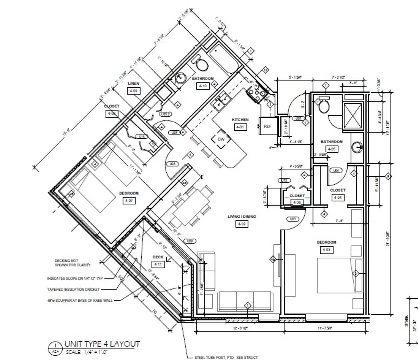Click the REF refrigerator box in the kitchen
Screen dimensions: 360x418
click(x=267, y=126)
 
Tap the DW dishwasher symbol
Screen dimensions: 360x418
click(x=221, y=139)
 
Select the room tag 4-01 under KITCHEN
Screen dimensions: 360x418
click(x=240, y=127)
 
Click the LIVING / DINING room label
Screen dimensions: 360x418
click(x=241, y=217)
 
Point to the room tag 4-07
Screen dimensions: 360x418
click(x=129, y=201)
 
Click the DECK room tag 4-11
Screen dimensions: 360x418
click(x=158, y=264)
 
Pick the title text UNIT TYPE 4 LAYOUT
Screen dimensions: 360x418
click(x=102, y=344)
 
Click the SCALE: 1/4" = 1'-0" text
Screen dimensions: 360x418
click(x=87, y=352)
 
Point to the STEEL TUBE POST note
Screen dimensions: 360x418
click(x=226, y=357)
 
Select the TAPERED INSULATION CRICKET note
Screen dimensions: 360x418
click(x=73, y=290)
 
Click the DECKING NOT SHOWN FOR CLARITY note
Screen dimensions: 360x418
click(x=73, y=263)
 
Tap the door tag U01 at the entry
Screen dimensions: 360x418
click(x=298, y=118)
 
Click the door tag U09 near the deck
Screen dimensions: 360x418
click(x=190, y=241)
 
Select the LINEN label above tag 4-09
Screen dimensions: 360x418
click(x=133, y=83)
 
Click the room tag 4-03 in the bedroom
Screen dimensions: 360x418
click(x=326, y=250)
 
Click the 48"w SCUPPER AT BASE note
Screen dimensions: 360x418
click(x=80, y=301)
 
